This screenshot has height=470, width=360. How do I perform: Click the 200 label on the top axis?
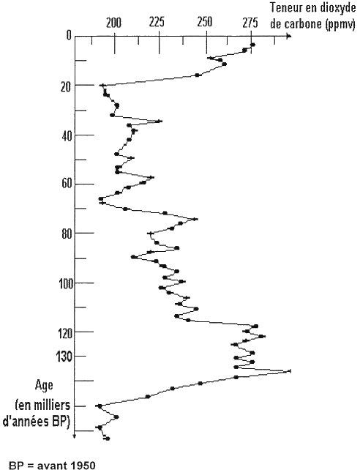click(x=114, y=23)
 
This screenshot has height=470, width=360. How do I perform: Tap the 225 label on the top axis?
click(x=157, y=22)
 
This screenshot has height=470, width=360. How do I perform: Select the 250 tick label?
click(x=205, y=22)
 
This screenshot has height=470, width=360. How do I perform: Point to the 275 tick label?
click(x=250, y=23)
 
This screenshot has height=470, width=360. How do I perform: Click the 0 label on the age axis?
click(x=69, y=36)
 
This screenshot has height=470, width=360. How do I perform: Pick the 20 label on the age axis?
click(x=64, y=87)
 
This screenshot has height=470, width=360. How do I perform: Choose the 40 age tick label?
click(x=65, y=136)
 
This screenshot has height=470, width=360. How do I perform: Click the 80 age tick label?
click(x=65, y=234)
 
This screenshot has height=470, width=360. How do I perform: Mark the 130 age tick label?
click(x=63, y=357)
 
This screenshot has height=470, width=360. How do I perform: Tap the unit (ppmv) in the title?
click(x=340, y=24)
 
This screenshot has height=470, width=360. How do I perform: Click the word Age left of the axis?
click(x=44, y=385)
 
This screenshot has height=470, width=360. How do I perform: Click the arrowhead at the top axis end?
click(x=289, y=37)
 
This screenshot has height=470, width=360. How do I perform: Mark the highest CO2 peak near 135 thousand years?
click(x=289, y=371)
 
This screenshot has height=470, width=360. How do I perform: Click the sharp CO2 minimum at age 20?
click(x=103, y=86)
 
